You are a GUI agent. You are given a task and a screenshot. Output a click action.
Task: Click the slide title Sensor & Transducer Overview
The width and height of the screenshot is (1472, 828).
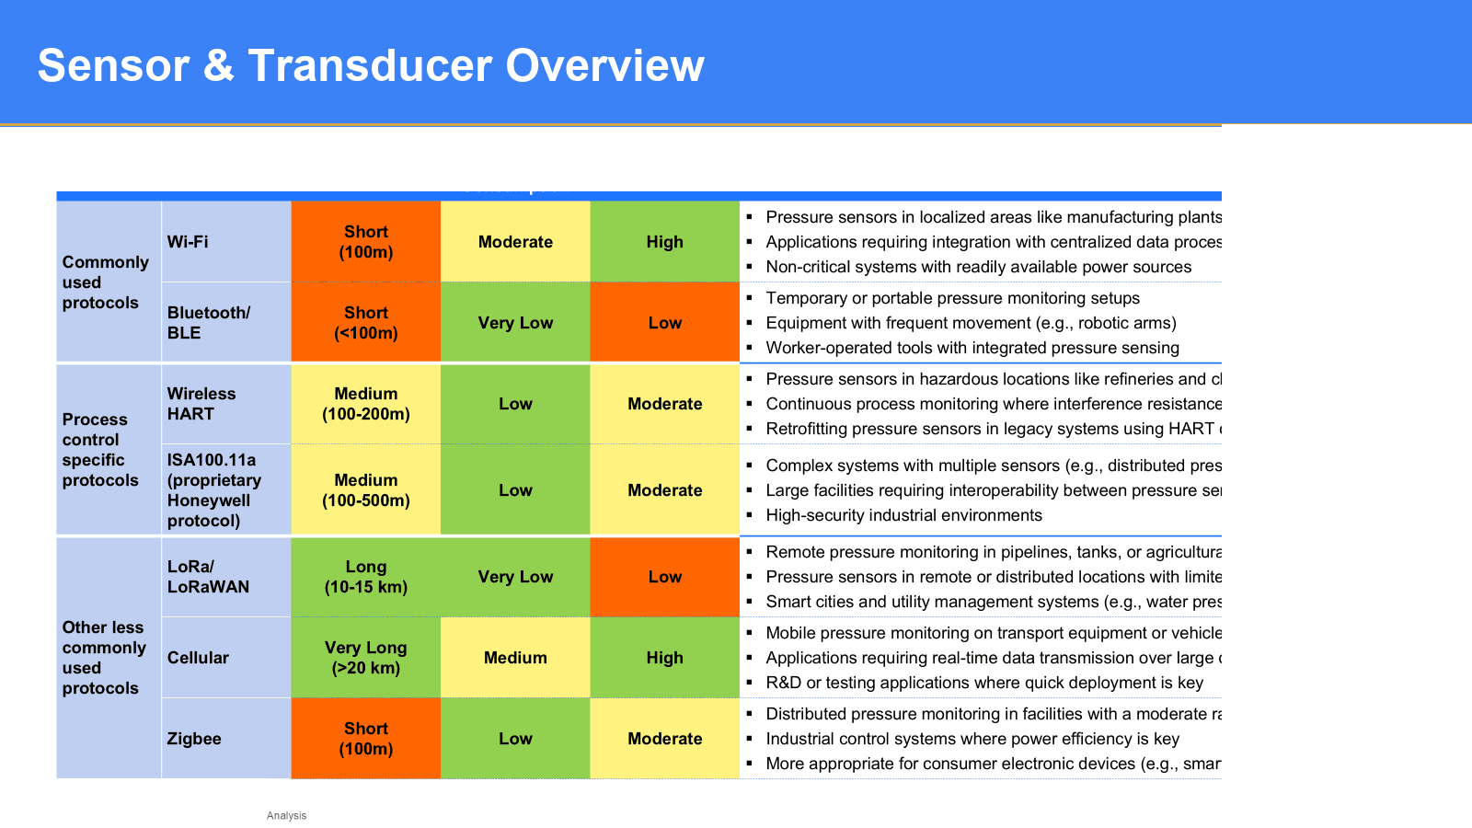click(371, 66)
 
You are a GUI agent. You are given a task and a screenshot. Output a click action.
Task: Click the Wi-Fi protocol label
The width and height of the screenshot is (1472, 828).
click(188, 242)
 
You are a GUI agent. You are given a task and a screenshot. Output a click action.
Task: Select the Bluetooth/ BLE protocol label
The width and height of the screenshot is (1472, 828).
click(208, 323)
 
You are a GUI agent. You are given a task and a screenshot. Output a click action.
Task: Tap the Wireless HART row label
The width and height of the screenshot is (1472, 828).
click(201, 404)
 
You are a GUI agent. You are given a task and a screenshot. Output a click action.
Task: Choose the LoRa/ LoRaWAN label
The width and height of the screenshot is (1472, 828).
click(208, 577)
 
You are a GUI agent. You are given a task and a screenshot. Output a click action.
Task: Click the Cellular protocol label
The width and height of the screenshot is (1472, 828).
click(198, 658)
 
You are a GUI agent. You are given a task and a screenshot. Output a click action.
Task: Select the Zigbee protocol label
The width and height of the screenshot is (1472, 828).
click(194, 739)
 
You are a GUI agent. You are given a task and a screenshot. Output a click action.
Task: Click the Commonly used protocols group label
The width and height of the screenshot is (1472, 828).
click(105, 282)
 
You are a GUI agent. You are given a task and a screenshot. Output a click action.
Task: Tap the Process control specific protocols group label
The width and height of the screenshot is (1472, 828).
click(100, 450)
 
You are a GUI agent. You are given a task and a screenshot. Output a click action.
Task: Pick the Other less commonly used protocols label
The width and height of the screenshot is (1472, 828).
click(104, 658)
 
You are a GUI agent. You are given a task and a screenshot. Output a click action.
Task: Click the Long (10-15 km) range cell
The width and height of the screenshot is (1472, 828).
click(366, 577)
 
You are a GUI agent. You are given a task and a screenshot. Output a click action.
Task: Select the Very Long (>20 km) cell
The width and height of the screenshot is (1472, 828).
click(366, 658)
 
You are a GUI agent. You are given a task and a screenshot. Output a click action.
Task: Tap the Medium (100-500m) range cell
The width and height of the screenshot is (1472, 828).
click(366, 490)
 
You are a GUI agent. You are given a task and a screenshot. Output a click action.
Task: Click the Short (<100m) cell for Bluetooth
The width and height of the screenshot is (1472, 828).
click(366, 323)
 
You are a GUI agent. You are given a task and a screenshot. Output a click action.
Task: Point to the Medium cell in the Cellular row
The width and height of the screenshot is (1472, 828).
click(515, 658)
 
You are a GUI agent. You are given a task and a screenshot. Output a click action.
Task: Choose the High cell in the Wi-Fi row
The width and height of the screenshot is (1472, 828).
click(664, 242)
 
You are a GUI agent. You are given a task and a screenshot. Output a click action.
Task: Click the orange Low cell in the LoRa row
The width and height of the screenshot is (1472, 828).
click(664, 577)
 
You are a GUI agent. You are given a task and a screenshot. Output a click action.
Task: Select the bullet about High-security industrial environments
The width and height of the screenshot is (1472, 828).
click(903, 515)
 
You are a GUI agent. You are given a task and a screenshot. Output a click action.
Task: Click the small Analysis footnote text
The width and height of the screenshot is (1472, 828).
click(286, 816)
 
